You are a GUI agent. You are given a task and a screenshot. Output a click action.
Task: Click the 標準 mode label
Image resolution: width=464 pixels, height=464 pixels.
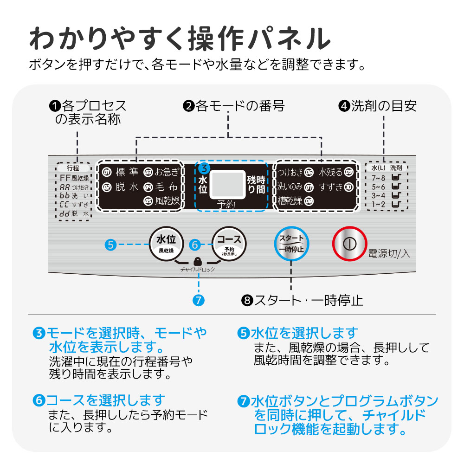click(127, 173)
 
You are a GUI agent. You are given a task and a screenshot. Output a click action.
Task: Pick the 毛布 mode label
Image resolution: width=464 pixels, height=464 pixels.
click(167, 187)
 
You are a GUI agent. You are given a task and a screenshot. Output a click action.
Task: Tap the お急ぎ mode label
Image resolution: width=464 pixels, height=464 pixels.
click(167, 173)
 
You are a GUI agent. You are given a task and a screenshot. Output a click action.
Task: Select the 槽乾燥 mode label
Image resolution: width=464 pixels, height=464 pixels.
click(290, 201)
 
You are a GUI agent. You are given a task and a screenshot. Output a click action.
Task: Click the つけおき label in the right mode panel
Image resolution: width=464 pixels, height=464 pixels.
click(290, 173)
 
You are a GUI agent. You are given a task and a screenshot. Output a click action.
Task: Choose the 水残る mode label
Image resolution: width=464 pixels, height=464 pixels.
click(330, 173)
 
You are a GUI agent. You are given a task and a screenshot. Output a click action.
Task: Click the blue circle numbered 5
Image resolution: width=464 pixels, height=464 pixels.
click(110, 245)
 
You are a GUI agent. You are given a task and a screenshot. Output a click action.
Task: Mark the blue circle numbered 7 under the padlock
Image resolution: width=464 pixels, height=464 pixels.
click(198, 300)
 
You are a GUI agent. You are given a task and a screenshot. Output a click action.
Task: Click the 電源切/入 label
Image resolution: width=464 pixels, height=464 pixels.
click(389, 254)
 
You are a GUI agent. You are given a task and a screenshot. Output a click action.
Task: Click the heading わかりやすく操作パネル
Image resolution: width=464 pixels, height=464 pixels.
click(180, 39)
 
